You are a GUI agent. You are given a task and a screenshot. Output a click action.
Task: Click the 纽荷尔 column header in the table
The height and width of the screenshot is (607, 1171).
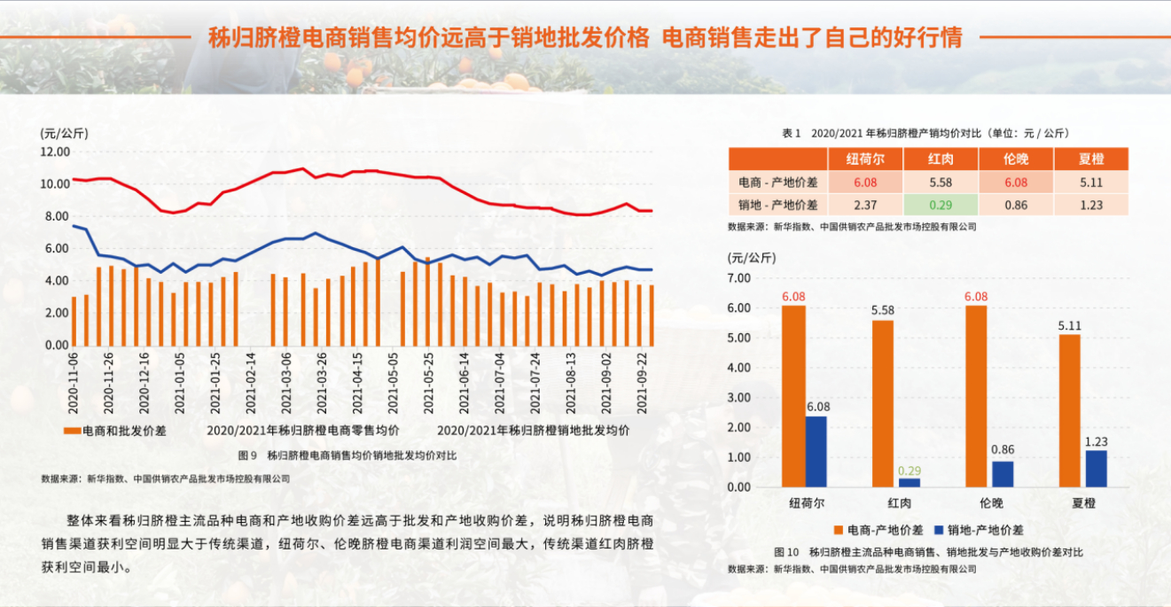click(x=865, y=160)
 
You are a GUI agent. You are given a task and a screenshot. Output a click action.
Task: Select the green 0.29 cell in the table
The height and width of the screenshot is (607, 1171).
click(x=941, y=205)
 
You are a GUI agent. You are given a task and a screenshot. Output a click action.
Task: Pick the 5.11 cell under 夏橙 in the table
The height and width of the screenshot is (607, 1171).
click(x=1090, y=183)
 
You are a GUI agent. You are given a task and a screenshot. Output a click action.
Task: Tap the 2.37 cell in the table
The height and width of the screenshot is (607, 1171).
click(x=865, y=205)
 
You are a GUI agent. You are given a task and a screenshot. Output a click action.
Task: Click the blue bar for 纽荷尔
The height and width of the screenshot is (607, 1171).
click(x=816, y=451)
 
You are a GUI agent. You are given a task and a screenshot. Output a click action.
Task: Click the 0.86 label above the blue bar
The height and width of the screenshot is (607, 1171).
click(x=1003, y=450)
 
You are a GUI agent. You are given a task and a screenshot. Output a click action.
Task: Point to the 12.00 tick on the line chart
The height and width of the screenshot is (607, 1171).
click(x=55, y=152)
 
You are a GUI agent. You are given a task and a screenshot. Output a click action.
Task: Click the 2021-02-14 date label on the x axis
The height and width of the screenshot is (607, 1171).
click(x=251, y=383)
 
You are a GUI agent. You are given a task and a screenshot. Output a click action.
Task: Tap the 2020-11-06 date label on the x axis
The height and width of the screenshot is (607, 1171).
click(x=74, y=383)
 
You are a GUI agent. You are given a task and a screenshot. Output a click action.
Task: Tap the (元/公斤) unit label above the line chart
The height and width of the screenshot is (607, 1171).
click(x=64, y=133)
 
